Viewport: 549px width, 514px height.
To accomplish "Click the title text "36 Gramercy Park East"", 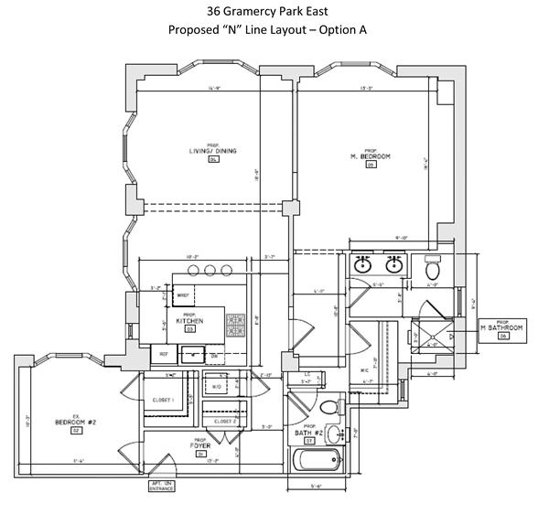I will [x=275, y=13].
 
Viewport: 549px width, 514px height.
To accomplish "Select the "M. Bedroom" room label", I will [x=371, y=157].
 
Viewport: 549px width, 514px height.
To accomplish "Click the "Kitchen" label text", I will [x=190, y=321].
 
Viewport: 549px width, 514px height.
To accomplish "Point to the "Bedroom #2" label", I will [x=76, y=423].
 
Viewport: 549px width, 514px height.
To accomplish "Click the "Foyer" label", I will [x=200, y=445].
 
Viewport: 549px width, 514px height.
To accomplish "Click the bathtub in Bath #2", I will [x=316, y=460].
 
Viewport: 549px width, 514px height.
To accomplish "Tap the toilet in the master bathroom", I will [x=434, y=270].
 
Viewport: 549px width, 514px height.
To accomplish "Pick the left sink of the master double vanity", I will [x=364, y=265].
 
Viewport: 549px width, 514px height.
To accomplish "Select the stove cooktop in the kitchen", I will [x=235, y=324].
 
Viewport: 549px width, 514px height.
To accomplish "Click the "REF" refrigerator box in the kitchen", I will [x=165, y=353].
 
